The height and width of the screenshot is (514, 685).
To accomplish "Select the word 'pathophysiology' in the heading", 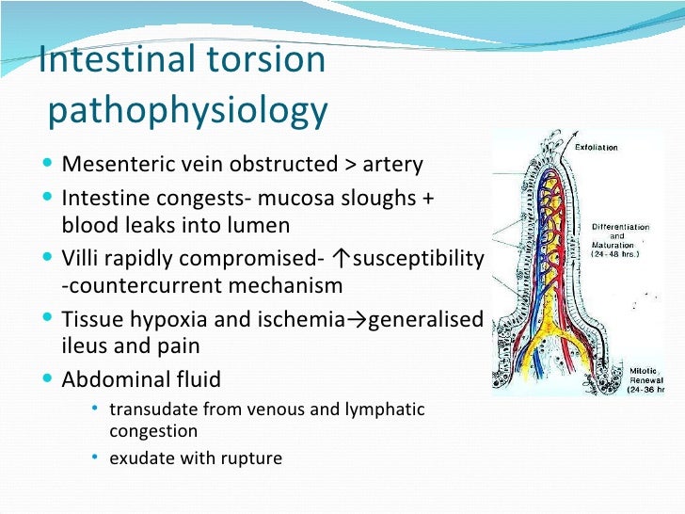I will pos(187,112).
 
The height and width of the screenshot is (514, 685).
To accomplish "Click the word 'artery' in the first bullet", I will pos(395,166).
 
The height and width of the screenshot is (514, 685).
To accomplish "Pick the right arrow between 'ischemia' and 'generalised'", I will pos(359,320).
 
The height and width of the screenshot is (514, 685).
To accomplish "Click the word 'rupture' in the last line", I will pos(249,459).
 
